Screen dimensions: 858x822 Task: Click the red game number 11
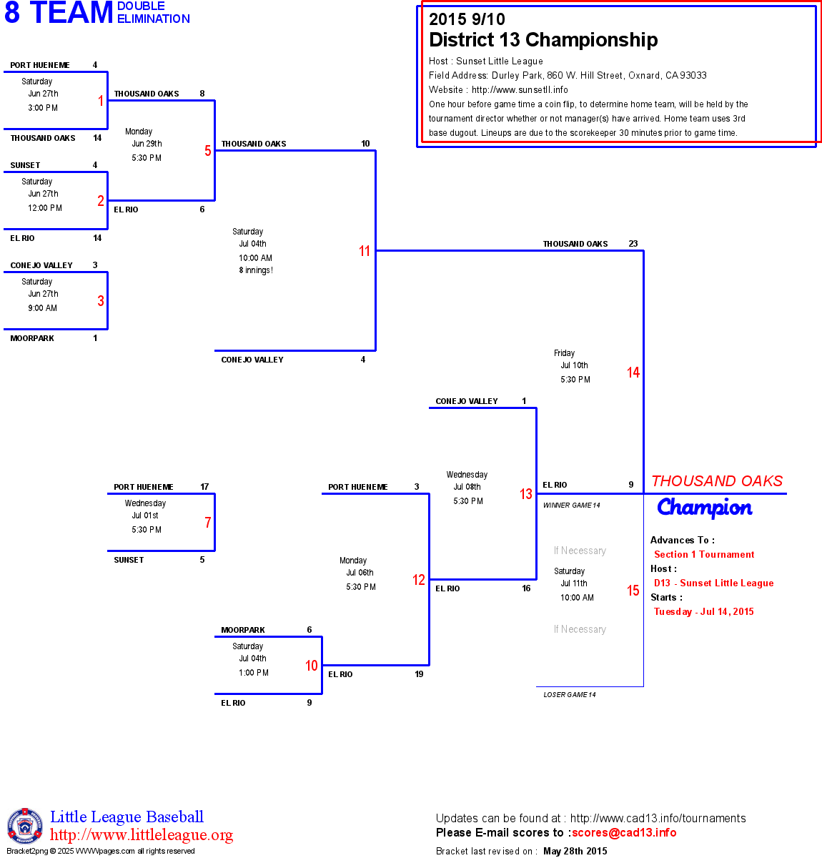coord(365,251)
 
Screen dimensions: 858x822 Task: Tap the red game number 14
coord(633,373)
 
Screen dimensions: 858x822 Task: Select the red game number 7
coord(207,523)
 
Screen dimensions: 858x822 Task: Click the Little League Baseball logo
coord(25,827)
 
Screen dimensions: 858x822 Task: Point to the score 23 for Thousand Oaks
coord(633,244)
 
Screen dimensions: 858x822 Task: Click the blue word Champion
coord(705,508)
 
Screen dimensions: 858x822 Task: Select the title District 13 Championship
coord(543,40)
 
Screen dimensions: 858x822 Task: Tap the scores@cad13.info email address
coord(624,832)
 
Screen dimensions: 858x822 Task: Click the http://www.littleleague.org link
coord(142,835)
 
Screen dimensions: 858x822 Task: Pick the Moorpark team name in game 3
coord(32,338)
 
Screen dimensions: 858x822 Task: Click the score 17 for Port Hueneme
coord(204,487)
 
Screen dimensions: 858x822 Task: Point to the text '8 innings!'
coord(256,270)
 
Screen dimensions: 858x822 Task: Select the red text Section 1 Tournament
coord(704,554)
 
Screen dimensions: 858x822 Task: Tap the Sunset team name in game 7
coord(129,560)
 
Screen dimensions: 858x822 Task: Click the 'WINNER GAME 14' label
coord(572,506)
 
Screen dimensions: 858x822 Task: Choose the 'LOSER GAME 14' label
coord(570,694)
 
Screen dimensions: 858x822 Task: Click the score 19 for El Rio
coord(419,674)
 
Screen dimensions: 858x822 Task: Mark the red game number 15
coord(633,591)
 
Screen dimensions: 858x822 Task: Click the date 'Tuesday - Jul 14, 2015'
coord(704,611)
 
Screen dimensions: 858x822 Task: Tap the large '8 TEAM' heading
coord(59,13)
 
